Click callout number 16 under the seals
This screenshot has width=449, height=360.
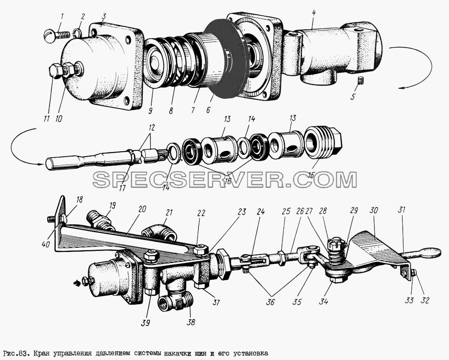coord(228,181)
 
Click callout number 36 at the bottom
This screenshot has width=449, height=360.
coord(271,302)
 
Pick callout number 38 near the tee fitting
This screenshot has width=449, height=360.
coord(191,322)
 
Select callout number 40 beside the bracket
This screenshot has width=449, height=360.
coord(45,244)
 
